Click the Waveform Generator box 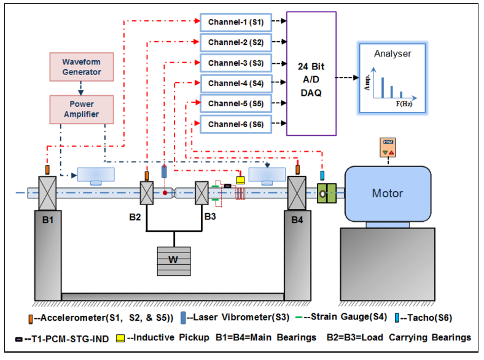click(81, 67)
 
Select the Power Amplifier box click(81, 109)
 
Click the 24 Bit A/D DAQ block click(311, 73)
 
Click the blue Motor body click(387, 194)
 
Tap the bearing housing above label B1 click(47, 193)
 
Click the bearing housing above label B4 click(297, 193)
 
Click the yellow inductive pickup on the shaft click(240, 180)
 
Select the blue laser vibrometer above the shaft click(164, 171)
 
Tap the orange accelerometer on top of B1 click(47, 170)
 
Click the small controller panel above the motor click(388, 148)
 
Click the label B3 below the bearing click(210, 216)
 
